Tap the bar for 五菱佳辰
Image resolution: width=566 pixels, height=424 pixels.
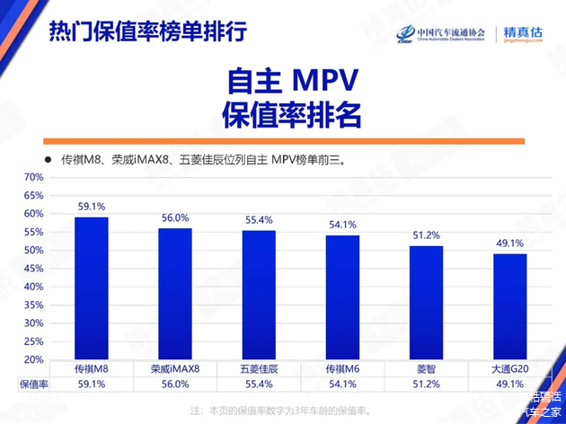click(259, 295)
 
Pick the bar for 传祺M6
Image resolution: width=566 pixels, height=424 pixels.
click(342, 296)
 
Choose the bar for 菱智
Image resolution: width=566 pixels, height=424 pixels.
click(426, 302)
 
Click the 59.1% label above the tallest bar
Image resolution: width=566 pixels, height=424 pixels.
click(91, 206)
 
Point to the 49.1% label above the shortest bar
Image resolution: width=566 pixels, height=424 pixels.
click(509, 243)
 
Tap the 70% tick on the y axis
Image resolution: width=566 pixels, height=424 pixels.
click(33, 177)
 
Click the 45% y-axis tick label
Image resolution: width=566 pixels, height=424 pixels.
click(33, 268)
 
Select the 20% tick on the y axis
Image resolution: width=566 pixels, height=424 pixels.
click(33, 359)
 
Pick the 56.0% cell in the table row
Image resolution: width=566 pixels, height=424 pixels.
click(175, 384)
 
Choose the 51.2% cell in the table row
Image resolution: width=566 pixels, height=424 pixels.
click(426, 384)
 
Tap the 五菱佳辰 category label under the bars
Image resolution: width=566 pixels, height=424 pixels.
click(259, 368)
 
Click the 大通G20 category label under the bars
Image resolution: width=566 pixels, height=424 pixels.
click(509, 368)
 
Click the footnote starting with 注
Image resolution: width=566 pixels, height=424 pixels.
click(279, 410)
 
